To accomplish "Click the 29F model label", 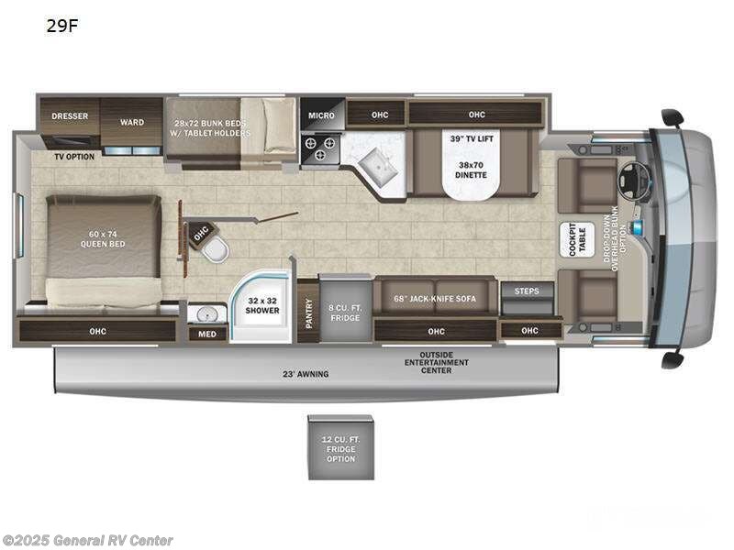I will [x=62, y=27].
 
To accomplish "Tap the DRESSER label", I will [x=69, y=116].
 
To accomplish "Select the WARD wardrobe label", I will [x=132, y=122].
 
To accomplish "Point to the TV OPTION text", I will [x=73, y=157].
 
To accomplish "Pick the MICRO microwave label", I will [x=321, y=115].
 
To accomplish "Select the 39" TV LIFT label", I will [x=470, y=138].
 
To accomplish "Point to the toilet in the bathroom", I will [x=214, y=248].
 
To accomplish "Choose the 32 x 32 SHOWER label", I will [x=262, y=304].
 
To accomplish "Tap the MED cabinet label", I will [x=207, y=334].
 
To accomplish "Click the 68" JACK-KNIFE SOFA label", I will [x=435, y=297].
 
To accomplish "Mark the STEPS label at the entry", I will [x=528, y=291].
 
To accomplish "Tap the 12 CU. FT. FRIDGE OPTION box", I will [x=340, y=446].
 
